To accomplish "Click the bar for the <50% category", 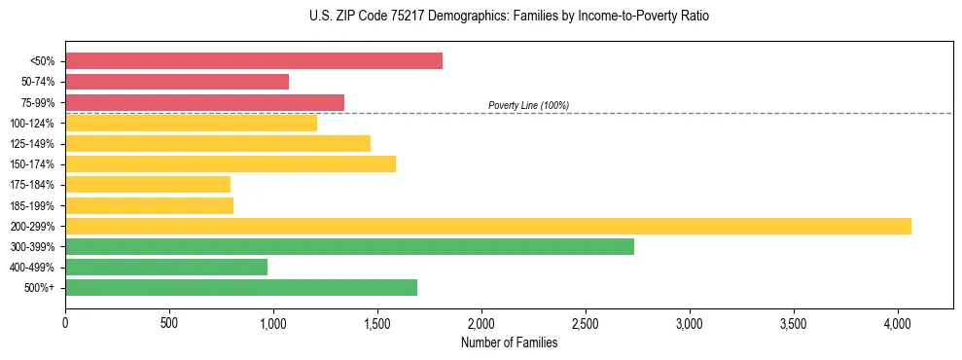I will [254, 61].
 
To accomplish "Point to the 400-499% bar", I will [166, 267].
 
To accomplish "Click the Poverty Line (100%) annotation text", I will [528, 105].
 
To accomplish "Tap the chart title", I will [481, 17].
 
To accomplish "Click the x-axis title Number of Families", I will [509, 342].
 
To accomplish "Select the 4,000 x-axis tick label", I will [898, 321].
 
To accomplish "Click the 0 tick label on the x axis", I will [65, 321].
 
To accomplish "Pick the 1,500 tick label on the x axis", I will [377, 321].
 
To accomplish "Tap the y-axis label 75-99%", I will [38, 103].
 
